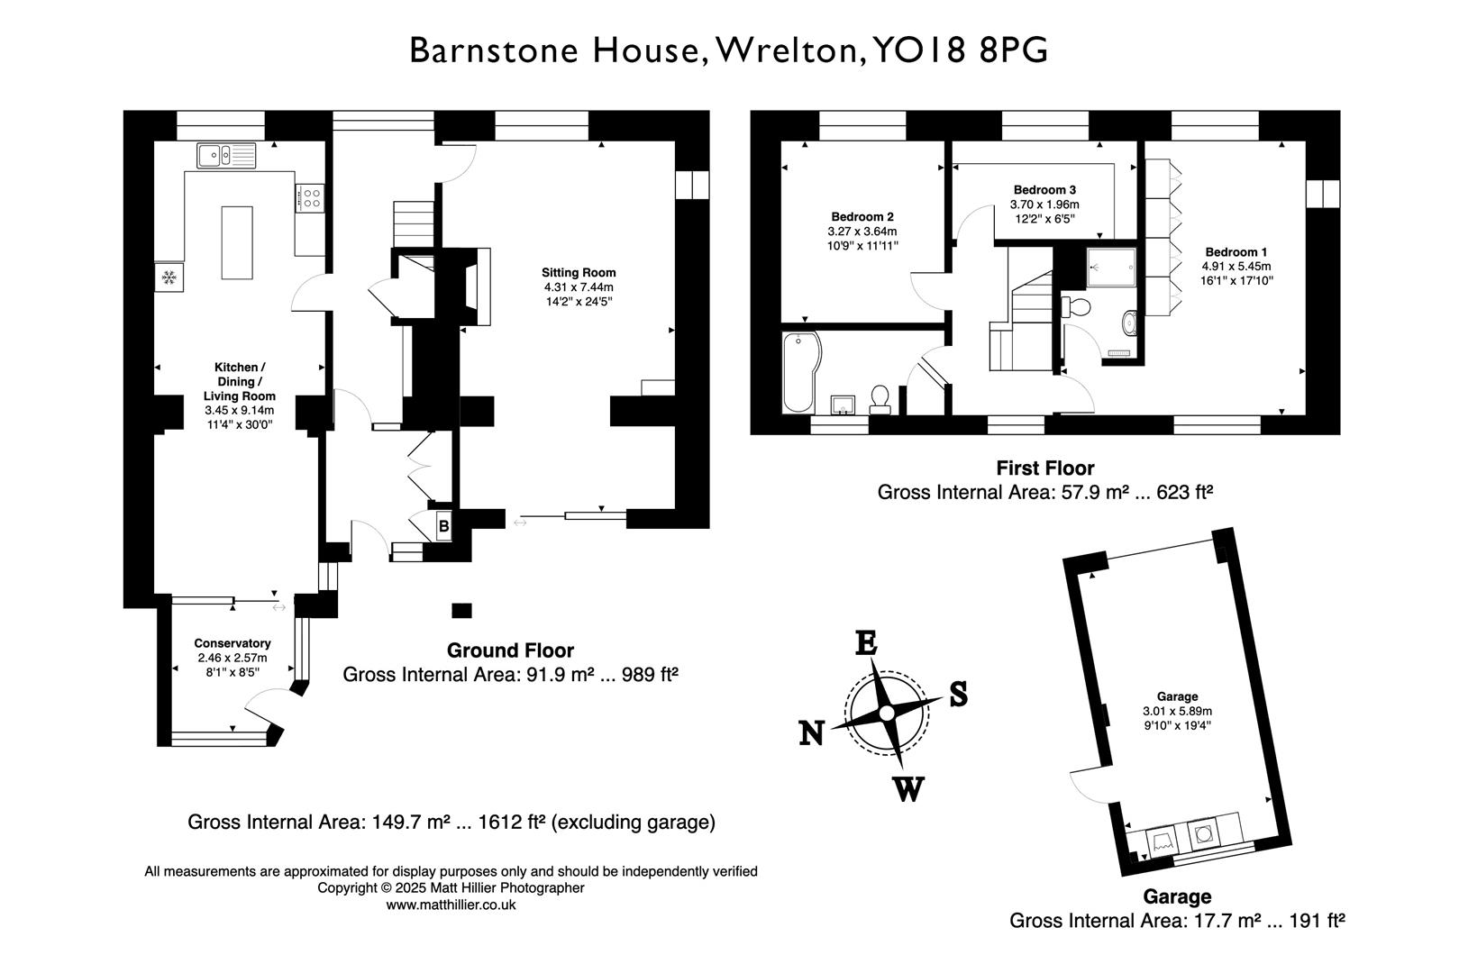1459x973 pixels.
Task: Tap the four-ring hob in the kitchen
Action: pos(309,197)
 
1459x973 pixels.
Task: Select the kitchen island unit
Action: pos(237,242)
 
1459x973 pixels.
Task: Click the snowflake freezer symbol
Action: pos(169,277)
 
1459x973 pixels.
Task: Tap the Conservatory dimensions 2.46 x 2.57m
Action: pos(233,658)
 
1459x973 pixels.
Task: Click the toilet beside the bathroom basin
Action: pos(880,398)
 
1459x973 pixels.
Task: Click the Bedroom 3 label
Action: pos(1044,190)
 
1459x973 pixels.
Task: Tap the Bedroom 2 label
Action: pos(862,217)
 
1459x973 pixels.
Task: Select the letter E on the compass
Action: pos(865,643)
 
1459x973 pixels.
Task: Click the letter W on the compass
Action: pos(908,789)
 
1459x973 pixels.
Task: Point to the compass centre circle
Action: pos(886,714)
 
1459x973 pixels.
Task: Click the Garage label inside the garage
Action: pos(1177,696)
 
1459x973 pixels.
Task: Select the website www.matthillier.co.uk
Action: pos(451,905)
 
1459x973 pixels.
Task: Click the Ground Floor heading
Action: pos(510,650)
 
